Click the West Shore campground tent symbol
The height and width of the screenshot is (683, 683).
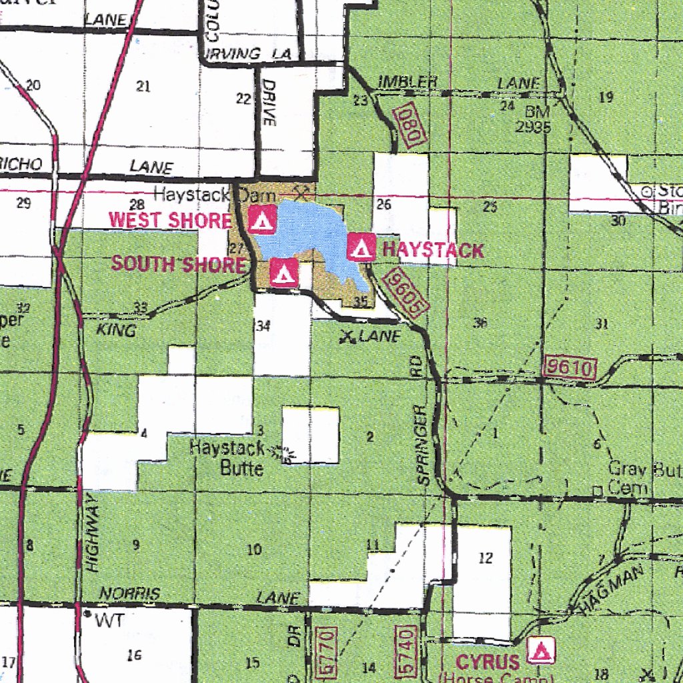click(262, 219)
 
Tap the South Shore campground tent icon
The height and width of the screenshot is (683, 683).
click(283, 272)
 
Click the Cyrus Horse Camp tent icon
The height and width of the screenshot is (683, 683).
click(539, 650)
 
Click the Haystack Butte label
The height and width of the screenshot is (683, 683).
click(227, 458)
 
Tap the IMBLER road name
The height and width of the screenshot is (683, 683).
click(408, 82)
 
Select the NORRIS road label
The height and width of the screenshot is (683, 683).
click(130, 594)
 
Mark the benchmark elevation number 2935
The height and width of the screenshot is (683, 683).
click(534, 127)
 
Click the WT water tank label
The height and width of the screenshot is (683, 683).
click(109, 622)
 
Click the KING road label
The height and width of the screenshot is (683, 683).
click(116, 330)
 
